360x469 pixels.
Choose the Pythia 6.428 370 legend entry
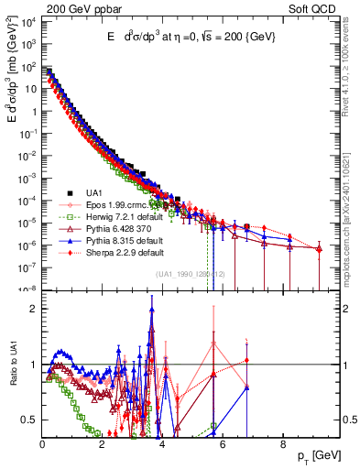click(115, 229)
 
